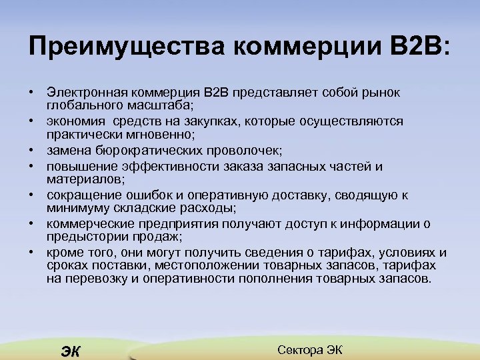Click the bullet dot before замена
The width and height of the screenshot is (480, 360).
31,151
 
